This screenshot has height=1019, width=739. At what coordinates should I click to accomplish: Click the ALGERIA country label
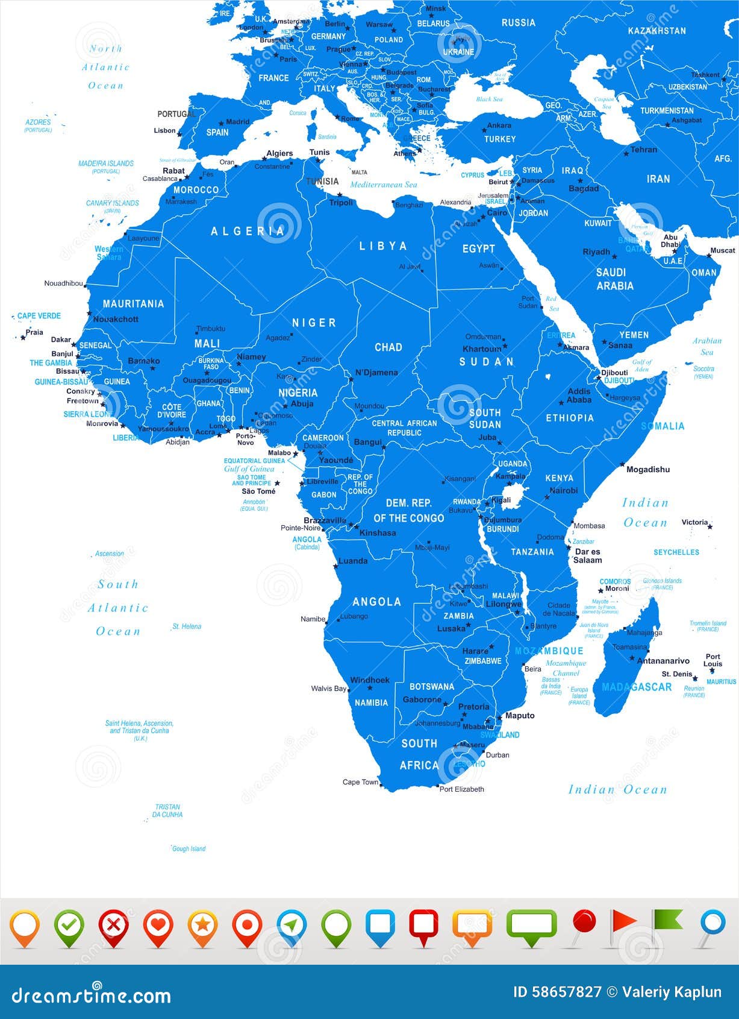point(248,231)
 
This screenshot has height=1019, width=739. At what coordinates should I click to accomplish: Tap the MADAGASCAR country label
point(637,687)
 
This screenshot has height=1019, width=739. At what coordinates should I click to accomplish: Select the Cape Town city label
point(360,782)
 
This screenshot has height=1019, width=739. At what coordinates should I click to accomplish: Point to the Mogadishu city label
point(648,469)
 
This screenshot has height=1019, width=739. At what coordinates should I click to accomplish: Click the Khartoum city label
point(481,349)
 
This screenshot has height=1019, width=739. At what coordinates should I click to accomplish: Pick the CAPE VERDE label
point(39,316)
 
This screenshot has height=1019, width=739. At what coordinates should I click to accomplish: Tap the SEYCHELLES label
point(676,552)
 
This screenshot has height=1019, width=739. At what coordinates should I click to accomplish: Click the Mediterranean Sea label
point(384,185)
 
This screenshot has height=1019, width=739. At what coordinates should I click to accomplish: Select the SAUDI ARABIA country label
point(614,279)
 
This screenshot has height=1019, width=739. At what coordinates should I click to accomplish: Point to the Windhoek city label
point(370,680)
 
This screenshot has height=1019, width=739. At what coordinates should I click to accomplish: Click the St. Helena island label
point(187,626)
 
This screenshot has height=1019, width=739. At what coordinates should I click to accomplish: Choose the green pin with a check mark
point(69,926)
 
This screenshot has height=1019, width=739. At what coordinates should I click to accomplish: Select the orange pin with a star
point(203,926)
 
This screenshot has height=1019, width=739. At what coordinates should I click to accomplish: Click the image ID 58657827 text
point(557,992)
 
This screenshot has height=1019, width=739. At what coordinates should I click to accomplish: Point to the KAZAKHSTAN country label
point(656,31)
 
